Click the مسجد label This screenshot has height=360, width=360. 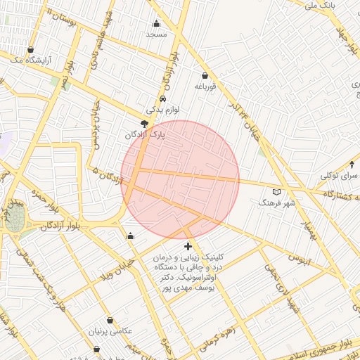pyautogui.click(x=156, y=34)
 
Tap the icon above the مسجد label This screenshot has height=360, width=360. pyautogui.click(x=156, y=23)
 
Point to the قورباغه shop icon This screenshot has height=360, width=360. pyautogui.click(x=205, y=76)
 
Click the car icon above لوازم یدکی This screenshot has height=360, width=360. pyautogui.click(x=163, y=99)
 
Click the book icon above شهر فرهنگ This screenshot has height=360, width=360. pyautogui.click(x=276, y=191)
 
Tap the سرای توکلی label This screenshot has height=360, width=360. pyautogui.click(x=340, y=175)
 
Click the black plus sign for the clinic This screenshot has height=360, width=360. pyautogui.click(x=187, y=246)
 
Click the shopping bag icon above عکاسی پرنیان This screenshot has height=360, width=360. pyautogui.click(x=110, y=321)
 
